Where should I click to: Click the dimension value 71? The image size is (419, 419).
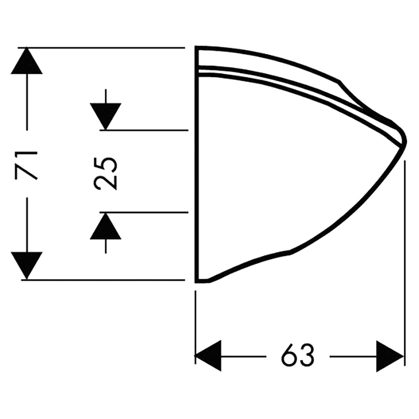click(26, 164)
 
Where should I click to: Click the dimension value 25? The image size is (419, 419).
click(105, 173)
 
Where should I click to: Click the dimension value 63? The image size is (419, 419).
click(297, 356)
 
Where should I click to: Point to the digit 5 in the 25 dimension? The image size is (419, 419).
click(105, 164)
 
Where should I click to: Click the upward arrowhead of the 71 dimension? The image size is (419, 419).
click(27, 61)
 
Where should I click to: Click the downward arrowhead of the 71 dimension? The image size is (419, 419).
click(27, 266)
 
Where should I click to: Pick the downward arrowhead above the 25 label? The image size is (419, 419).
click(106, 116)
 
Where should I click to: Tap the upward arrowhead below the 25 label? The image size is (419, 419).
click(106, 226)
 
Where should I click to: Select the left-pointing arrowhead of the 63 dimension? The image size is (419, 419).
click(208, 356)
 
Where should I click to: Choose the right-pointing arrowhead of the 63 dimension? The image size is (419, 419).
click(390, 356)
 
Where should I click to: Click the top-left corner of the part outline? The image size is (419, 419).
click(196, 48)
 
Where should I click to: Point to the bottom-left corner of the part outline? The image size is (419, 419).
click(196, 281)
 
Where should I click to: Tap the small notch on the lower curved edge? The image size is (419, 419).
click(290, 251)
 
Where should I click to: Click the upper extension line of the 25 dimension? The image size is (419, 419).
click(144, 130)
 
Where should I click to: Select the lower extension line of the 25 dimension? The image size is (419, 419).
click(144, 213)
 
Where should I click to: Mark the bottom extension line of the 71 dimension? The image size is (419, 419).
click(103, 280)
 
